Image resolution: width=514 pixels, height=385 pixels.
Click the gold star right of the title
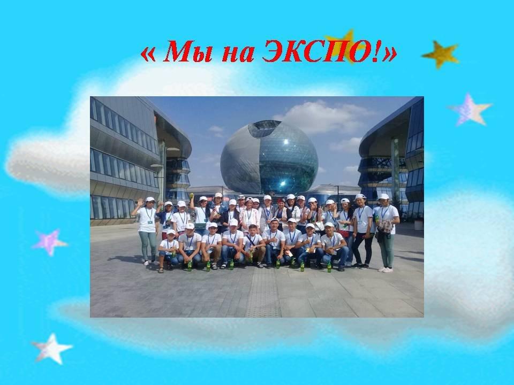(441, 55)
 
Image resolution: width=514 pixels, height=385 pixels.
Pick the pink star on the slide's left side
(50, 242)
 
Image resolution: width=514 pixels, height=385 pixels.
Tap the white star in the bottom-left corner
(52, 349)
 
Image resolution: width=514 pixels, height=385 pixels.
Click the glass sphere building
(269, 157)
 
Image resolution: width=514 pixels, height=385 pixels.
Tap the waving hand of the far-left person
(140, 202)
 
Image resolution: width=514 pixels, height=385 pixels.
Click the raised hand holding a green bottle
(192, 196)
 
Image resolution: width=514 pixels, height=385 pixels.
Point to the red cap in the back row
(281, 201)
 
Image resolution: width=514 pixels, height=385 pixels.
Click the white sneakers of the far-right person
(385, 269)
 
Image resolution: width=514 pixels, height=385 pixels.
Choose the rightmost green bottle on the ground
(329, 266)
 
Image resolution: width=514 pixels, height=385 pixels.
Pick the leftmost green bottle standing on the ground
(189, 266)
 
